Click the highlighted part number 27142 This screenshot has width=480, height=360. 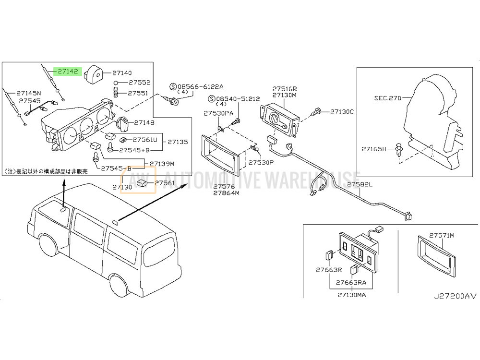pos(68,72)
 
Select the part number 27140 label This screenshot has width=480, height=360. pos(122,73)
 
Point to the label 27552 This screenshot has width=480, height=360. pos(139,83)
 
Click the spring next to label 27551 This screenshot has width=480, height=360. pos(116,92)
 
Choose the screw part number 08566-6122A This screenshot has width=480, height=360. pos(201,86)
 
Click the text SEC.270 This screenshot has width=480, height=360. pos(387,98)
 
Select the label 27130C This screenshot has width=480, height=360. pos(342,112)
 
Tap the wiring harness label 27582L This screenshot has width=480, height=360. pos(360,184)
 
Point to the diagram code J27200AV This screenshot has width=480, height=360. pos(455,296)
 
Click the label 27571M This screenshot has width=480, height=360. pos(442,235)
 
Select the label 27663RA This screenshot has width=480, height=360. pos(351,282)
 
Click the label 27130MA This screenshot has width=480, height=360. pos(352,295)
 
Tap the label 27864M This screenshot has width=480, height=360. pos(226,193)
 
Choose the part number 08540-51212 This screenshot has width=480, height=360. pos(238,99)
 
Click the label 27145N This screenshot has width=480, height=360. pos(28,93)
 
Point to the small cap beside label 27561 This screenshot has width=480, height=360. pos(143,183)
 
